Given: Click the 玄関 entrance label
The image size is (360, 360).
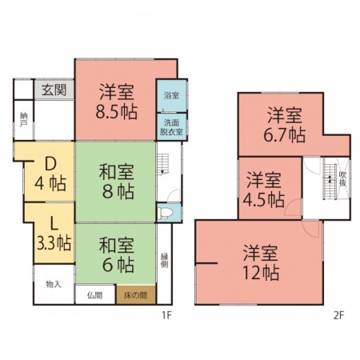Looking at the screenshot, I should pos(54,88).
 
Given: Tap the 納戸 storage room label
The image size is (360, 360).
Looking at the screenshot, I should pos(23,121).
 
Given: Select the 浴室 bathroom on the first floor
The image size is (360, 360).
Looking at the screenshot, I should pos(170,96).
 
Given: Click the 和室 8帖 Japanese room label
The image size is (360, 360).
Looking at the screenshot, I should pos(116,181).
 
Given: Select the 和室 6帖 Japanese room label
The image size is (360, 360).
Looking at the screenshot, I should pos(116,254).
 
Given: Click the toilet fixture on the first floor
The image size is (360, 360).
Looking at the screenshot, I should pos(165,214).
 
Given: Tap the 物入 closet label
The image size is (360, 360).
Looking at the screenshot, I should pos(54,284).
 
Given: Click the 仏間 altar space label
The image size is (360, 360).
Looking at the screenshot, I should pos(94,295).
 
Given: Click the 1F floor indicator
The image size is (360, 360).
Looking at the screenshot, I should pos(166,314).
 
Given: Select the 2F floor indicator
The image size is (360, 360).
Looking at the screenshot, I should pos(338,314).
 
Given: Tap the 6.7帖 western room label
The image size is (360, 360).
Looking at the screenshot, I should pos(285,124).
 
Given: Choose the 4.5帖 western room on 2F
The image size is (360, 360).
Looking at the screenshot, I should pos(264,188).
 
